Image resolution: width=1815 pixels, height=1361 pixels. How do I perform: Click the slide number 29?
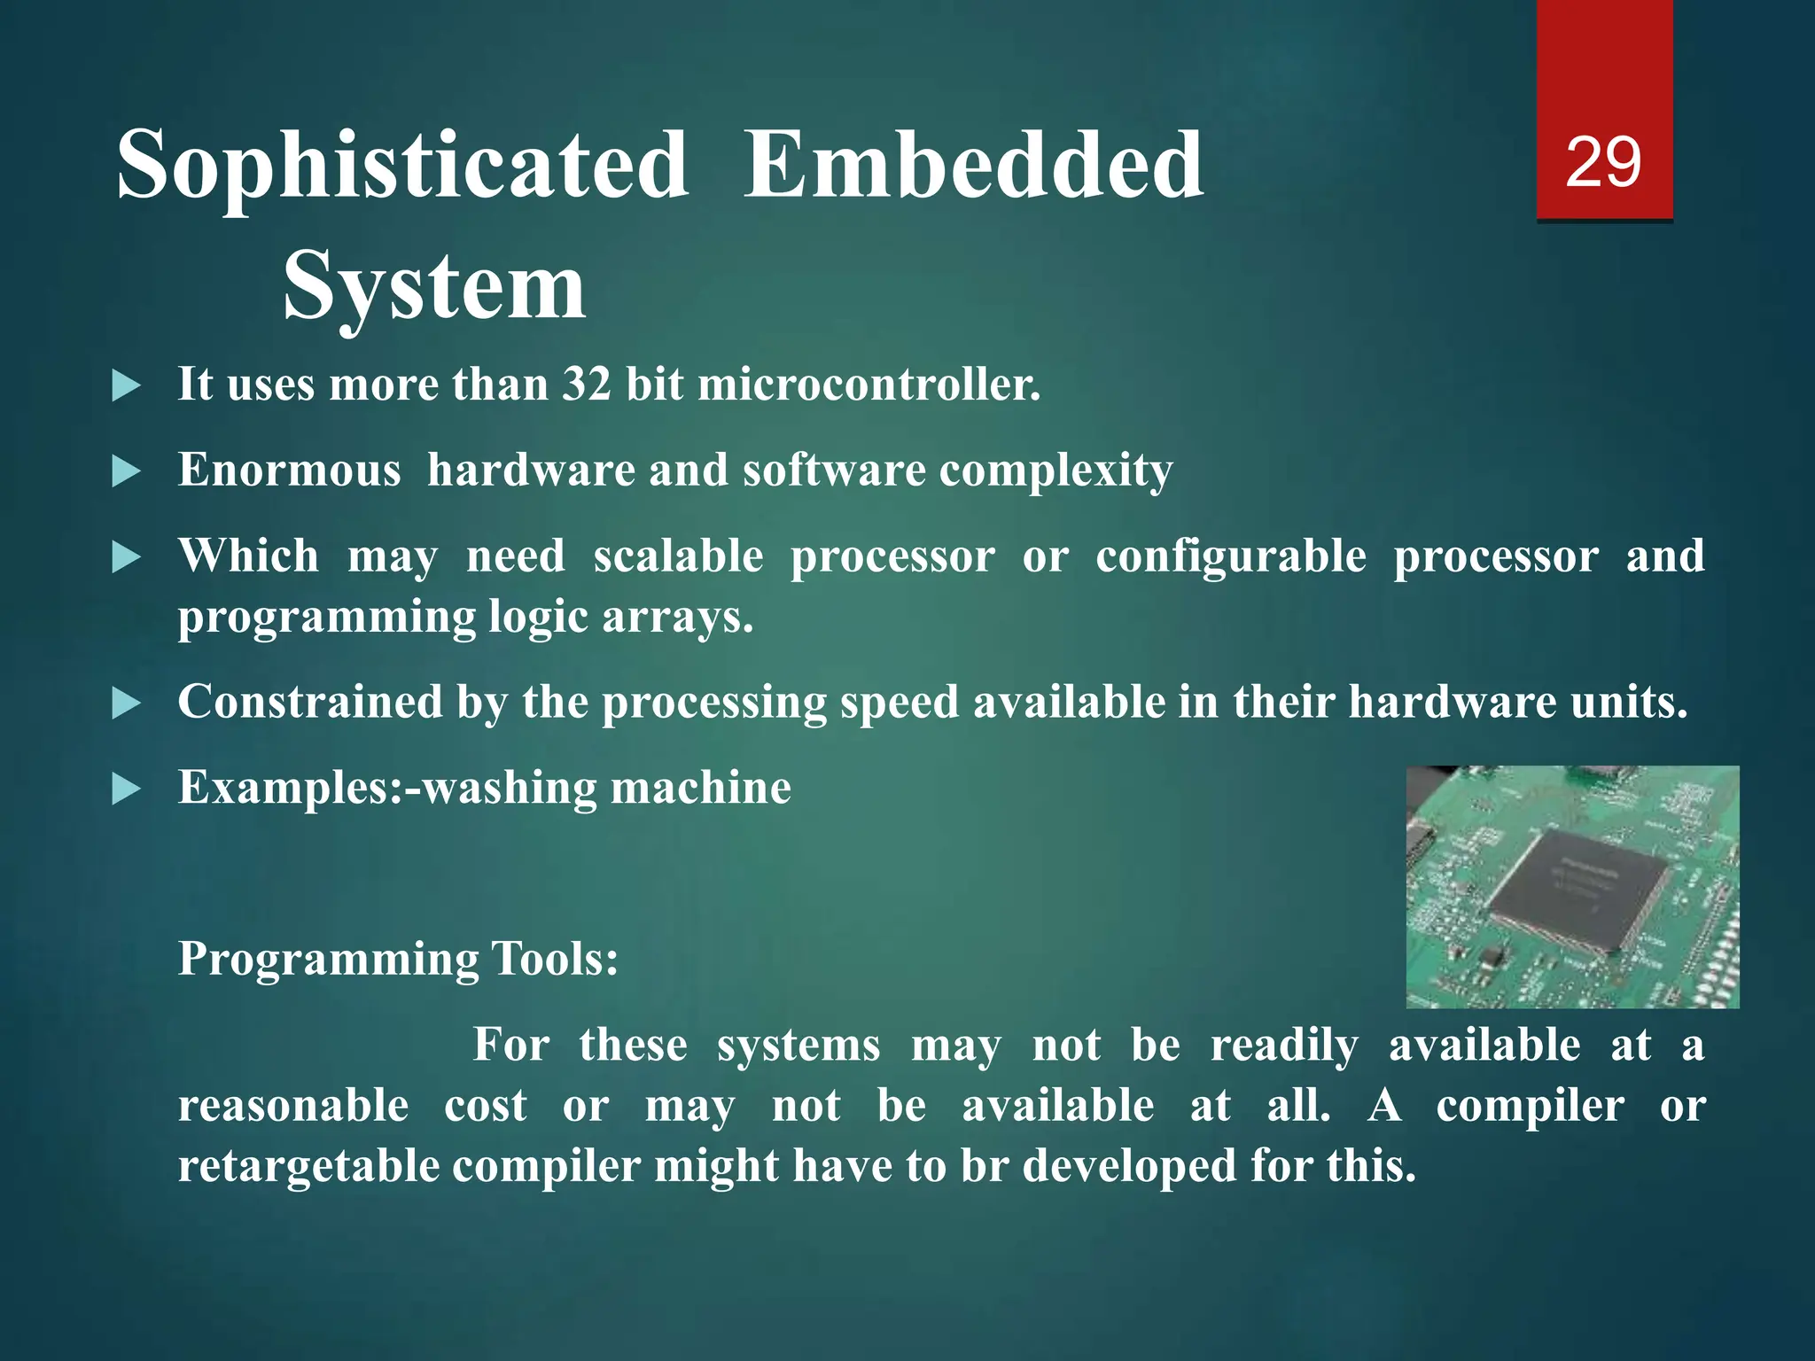1603,162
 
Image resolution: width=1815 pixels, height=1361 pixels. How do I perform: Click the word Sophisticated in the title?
403,166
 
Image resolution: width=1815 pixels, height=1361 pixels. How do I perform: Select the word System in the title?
434,286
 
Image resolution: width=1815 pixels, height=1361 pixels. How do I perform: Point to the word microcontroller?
869,385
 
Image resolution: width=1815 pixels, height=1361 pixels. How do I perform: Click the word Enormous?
289,470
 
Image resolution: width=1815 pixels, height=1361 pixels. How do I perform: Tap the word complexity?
1056,471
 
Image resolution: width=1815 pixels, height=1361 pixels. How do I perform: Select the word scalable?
678,556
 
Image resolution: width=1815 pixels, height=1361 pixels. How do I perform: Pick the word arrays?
678,616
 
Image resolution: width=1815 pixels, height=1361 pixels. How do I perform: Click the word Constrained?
310,702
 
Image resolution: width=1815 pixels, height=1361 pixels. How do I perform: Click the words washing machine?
607,787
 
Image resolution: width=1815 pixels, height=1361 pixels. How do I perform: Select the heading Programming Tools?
398,959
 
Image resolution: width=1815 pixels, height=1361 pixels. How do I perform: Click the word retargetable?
308,1165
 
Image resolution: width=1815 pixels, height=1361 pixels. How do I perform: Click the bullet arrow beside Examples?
127,789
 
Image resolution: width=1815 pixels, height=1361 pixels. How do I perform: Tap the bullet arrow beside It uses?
127,386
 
